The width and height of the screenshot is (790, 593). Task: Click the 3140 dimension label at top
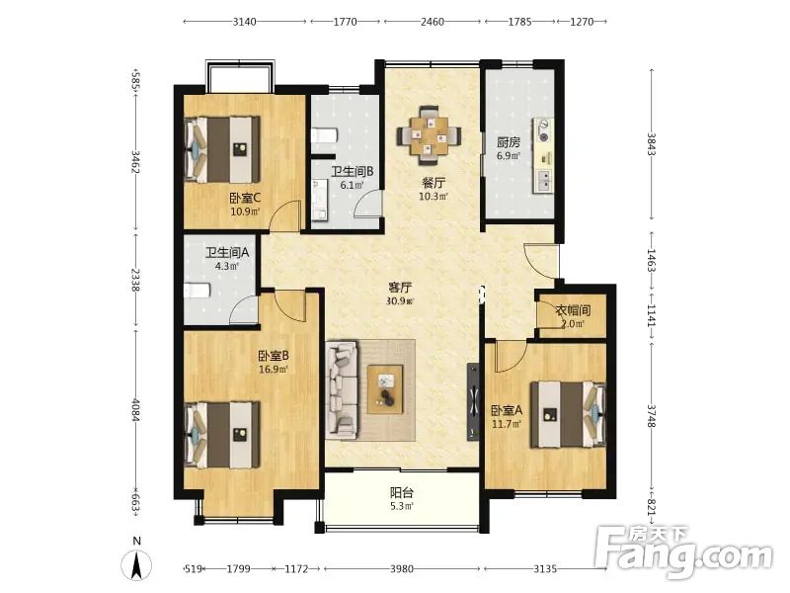pos(244,22)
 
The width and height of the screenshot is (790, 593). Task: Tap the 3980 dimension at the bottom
pos(402,569)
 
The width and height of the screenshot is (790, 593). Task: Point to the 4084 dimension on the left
pos(135,410)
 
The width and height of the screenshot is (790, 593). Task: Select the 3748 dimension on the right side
pos(652,416)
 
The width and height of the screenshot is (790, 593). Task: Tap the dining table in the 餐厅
pos(429,135)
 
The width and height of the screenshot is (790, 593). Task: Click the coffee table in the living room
pos(385,388)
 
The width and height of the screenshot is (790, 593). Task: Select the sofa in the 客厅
pos(342,388)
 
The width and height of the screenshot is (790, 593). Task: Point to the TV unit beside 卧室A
pos(473,402)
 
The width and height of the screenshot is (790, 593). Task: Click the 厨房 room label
pos(509,142)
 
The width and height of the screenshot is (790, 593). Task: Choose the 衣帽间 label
pos(573,310)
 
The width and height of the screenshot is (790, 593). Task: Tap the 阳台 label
pos(402,492)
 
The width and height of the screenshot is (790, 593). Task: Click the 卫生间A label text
pos(227,252)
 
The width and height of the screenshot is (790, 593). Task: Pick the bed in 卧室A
pos(569,414)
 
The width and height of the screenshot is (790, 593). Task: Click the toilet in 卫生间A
pos(197,291)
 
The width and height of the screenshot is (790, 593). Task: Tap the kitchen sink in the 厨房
pos(544,181)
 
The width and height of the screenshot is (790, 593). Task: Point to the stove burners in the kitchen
pos(543,130)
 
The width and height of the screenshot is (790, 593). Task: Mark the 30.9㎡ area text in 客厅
pos(400,301)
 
